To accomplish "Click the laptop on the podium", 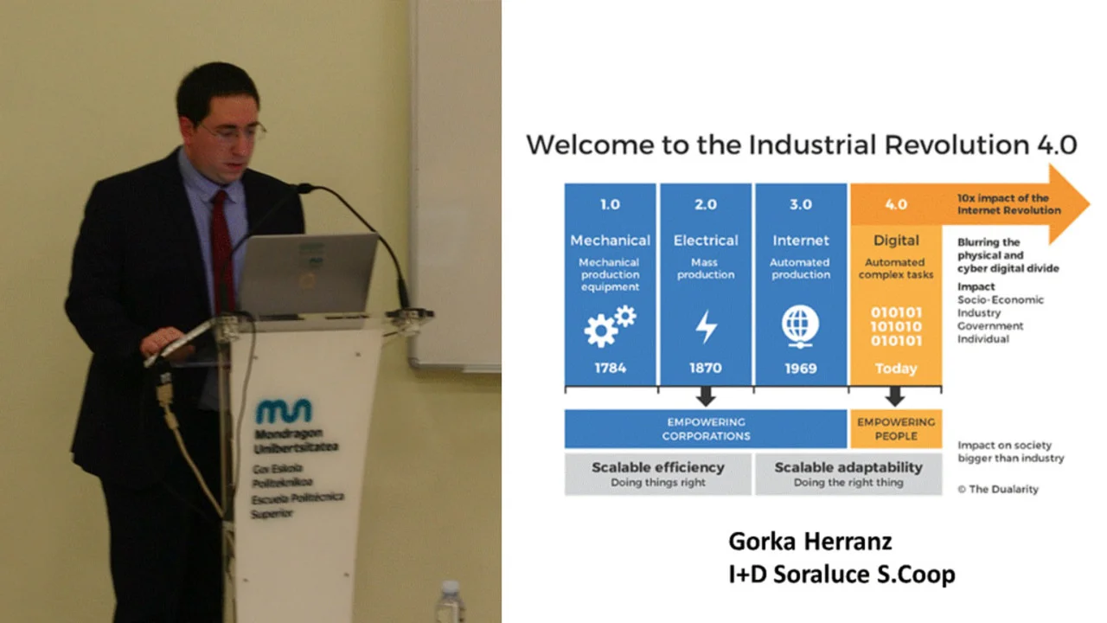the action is coord(307,273).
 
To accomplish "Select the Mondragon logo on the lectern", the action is coord(284,411).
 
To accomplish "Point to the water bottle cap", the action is coord(451,588).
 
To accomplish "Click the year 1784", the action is coord(611,368).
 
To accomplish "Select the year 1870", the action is coord(705,368).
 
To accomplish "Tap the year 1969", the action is coord(801,369).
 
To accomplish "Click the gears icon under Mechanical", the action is coord(611,326).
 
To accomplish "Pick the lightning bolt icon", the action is coord(707,327).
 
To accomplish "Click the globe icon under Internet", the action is coord(800,326).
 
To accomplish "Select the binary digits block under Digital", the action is coord(896,327).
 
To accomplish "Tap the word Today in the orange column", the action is coord(896,369).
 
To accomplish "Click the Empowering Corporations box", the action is coord(706,428).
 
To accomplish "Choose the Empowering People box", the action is coord(896,428).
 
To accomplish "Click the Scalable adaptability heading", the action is coord(848,467).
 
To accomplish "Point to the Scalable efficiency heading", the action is coord(658,467).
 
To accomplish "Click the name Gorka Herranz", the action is coord(810,542).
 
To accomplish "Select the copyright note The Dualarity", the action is coord(998,489).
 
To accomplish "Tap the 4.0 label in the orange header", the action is coord(896,204).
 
